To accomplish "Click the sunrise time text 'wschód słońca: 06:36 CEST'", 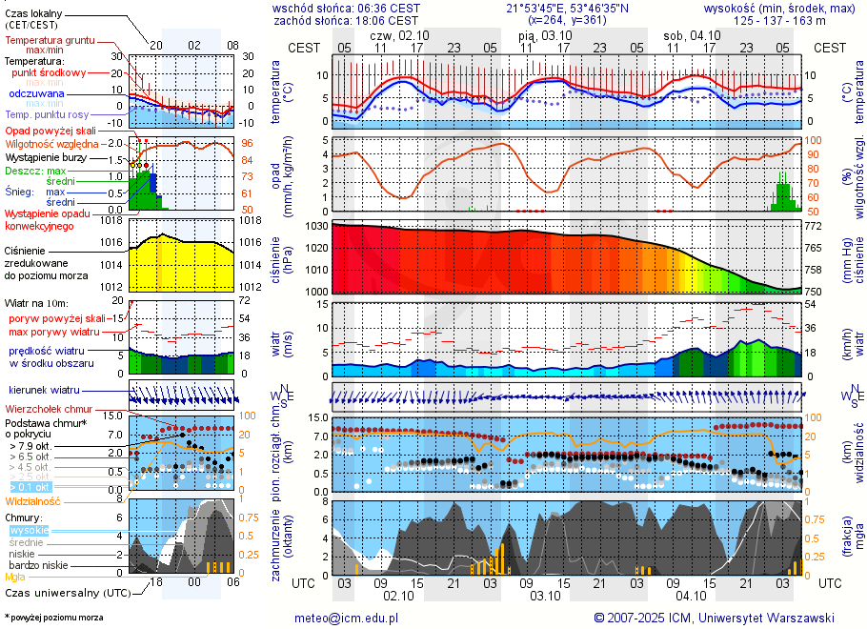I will coord(346,8).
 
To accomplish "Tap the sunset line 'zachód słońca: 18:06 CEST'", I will coord(346,19).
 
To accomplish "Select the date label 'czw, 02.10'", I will coord(398,34).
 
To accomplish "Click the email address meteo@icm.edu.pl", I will coord(346,618).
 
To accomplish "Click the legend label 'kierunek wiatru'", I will coord(44,391).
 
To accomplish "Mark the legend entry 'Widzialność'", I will coord(32,500).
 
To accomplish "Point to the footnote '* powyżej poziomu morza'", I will coord(54,618).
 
